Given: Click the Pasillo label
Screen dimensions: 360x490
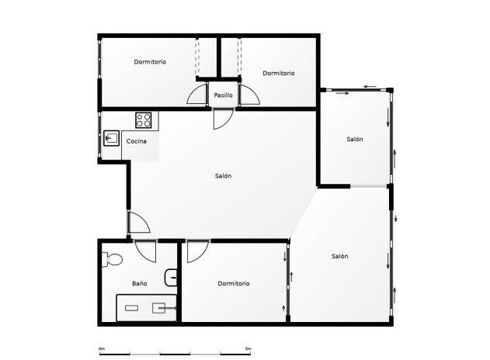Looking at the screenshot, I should pyautogui.click(x=224, y=95).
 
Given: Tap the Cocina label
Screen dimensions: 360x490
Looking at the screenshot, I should pyautogui.click(x=137, y=141).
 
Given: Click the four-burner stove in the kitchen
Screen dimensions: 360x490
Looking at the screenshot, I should pyautogui.click(x=144, y=120).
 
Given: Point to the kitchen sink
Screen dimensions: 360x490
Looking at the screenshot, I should pyautogui.click(x=110, y=139).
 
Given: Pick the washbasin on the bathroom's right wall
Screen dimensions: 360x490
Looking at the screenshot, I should pyautogui.click(x=172, y=276).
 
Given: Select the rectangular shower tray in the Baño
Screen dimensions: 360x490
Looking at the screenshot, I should pyautogui.click(x=147, y=307).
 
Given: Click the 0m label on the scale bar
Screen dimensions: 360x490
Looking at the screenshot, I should pyautogui.click(x=102, y=348).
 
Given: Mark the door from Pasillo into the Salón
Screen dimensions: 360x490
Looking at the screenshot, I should pyautogui.click(x=221, y=118).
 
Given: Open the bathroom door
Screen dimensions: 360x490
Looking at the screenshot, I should pyautogui.click(x=145, y=251).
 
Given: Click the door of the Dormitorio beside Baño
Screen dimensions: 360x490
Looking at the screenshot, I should pyautogui.click(x=196, y=251).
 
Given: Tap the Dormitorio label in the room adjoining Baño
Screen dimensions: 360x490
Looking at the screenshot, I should pyautogui.click(x=234, y=284).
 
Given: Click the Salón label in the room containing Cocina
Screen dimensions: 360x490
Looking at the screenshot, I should pyautogui.click(x=223, y=176).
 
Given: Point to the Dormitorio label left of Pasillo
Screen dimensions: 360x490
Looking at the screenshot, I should pyautogui.click(x=149, y=62).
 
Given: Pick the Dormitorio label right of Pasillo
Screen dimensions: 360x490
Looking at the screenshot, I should pyautogui.click(x=278, y=73).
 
